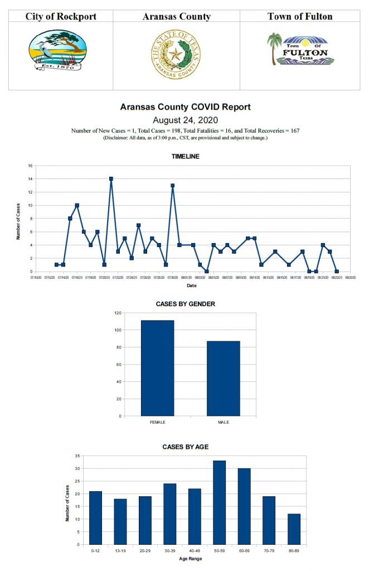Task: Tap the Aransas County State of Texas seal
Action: [x=176, y=55]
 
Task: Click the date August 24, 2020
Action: [x=184, y=119]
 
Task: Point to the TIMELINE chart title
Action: [x=185, y=157]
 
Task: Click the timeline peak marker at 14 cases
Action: [x=111, y=179]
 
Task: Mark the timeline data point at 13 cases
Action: [x=173, y=186]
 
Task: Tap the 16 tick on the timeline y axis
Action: [x=31, y=166]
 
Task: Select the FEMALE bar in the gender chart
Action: [x=158, y=368]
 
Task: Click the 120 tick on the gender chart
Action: [x=118, y=313]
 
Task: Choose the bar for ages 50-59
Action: [x=219, y=502]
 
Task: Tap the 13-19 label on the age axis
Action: [x=120, y=550]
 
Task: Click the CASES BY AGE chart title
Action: [x=185, y=447]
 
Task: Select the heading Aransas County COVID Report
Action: [x=185, y=107]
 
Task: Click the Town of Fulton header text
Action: [x=300, y=16]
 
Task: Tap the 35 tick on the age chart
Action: [x=77, y=456]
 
